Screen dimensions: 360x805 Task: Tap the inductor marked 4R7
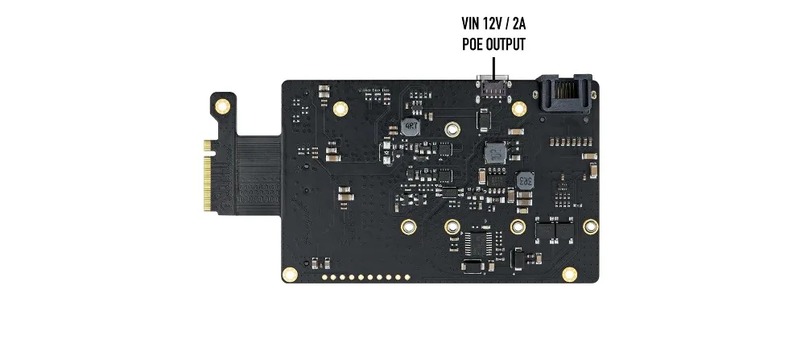[x=411, y=126]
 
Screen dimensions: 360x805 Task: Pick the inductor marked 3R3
[x=525, y=180]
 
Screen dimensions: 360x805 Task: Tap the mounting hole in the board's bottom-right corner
[x=570, y=275]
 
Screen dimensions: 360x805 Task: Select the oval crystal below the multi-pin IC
[x=476, y=268]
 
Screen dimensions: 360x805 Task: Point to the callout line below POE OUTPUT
[x=493, y=64]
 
